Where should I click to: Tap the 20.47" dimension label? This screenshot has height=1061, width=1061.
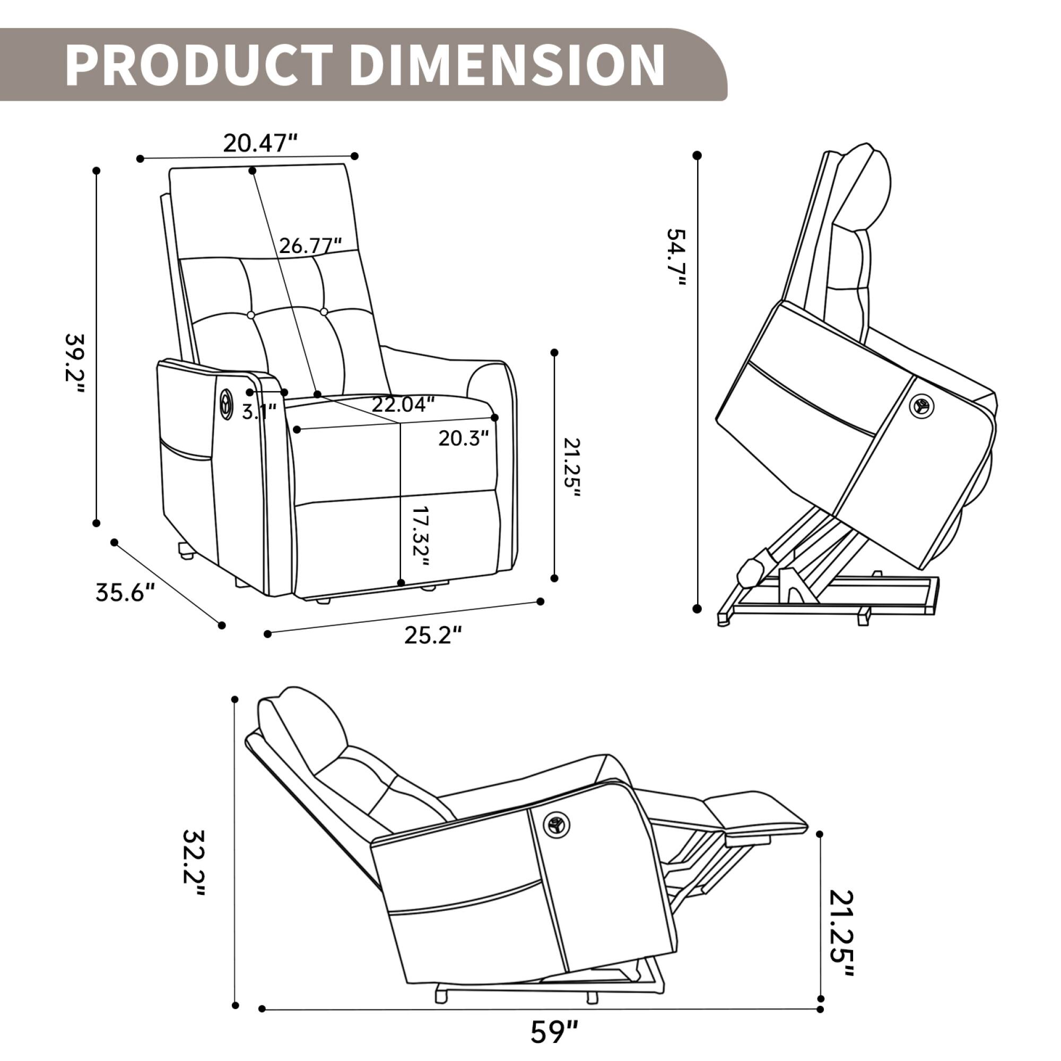coord(260,143)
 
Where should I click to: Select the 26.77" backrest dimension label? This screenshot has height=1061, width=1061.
coord(310,246)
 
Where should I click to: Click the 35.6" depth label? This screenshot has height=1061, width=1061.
coord(125,593)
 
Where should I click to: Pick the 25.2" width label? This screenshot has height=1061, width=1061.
coord(433,635)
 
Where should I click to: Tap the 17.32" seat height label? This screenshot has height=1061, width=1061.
coord(420,536)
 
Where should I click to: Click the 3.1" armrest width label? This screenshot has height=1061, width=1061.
coord(259,411)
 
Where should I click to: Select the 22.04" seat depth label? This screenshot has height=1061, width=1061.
coord(403,405)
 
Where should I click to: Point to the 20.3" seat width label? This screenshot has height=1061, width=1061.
coord(464,438)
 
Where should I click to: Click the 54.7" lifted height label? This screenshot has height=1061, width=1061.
coord(676,257)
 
